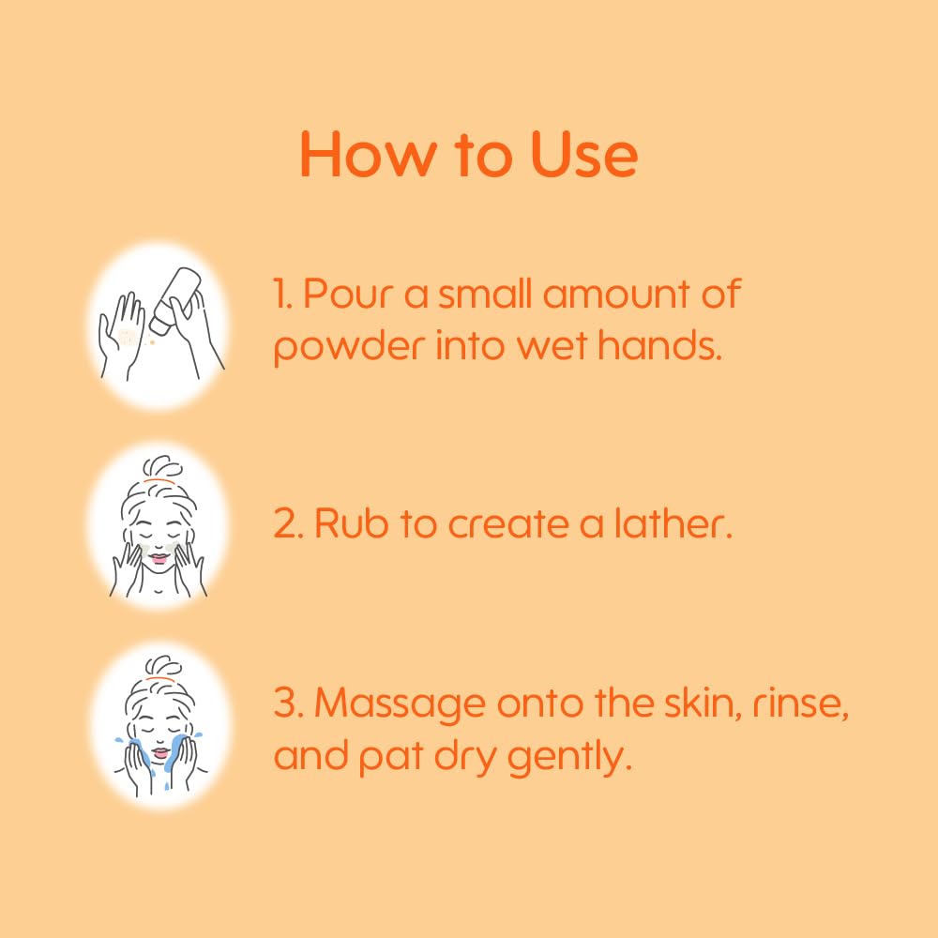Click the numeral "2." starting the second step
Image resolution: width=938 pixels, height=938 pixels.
(286, 523)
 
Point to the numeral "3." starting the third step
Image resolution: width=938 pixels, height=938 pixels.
(286, 703)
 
